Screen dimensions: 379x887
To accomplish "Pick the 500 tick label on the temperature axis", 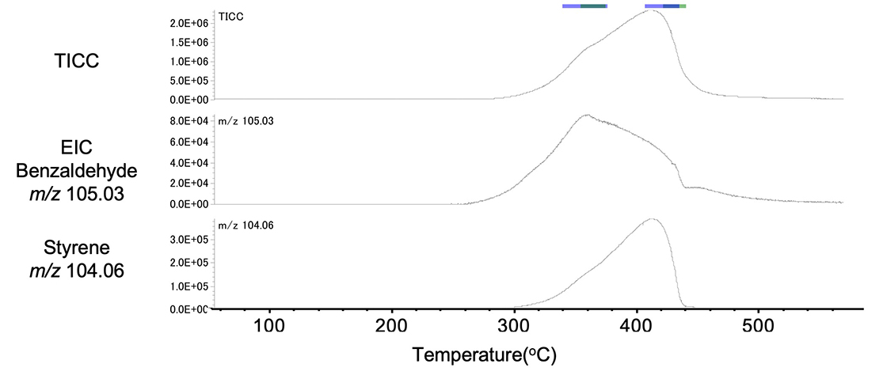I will [758, 326].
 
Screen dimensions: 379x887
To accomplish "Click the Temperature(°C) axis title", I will [484, 354].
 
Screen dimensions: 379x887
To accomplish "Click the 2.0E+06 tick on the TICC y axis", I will [189, 23].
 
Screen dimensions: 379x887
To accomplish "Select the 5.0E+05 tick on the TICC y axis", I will [189, 81].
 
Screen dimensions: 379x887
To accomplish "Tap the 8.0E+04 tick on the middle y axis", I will [189, 121].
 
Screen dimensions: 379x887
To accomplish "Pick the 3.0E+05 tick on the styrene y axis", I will [189, 238].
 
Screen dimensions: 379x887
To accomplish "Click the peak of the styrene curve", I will [651, 219].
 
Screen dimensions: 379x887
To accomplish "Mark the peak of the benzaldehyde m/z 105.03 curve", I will [586, 116].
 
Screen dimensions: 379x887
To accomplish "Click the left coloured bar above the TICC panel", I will [584, 6].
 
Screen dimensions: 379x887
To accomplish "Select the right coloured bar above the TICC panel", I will [665, 6].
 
